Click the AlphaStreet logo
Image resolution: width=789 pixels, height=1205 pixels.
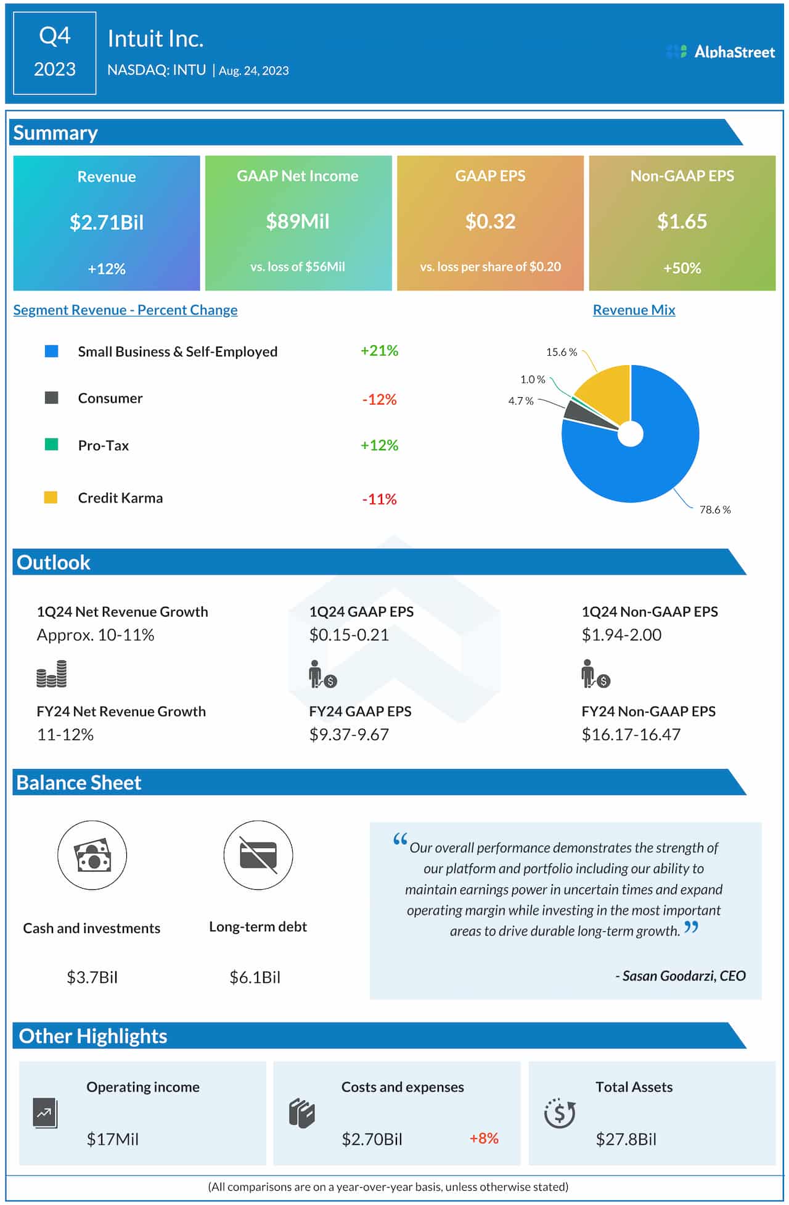click(721, 52)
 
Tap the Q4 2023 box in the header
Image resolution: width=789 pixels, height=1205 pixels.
click(54, 53)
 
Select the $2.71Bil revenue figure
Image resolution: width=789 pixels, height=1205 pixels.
click(107, 222)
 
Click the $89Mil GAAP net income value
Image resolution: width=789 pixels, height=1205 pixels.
click(298, 221)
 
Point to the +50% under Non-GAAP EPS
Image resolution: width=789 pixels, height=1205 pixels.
click(682, 268)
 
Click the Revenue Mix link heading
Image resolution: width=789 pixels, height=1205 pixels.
click(634, 310)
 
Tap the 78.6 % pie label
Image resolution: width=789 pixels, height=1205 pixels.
click(714, 509)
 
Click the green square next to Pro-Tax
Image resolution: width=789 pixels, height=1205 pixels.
click(52, 445)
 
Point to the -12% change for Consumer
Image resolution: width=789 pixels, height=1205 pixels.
click(379, 400)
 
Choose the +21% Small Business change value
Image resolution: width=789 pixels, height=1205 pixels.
click(379, 351)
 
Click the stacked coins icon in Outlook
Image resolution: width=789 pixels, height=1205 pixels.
click(52, 673)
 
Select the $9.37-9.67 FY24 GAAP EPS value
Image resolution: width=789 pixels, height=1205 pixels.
click(349, 734)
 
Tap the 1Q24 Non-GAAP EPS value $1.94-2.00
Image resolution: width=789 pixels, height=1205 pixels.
click(621, 635)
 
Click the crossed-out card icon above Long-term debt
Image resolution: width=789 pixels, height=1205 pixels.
click(258, 855)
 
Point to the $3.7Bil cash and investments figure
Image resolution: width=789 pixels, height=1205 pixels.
click(92, 977)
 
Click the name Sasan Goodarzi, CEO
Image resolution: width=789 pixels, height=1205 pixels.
click(681, 976)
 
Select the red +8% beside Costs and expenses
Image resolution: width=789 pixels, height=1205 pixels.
click(484, 1138)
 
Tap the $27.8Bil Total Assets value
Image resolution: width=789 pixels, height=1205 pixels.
click(626, 1139)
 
